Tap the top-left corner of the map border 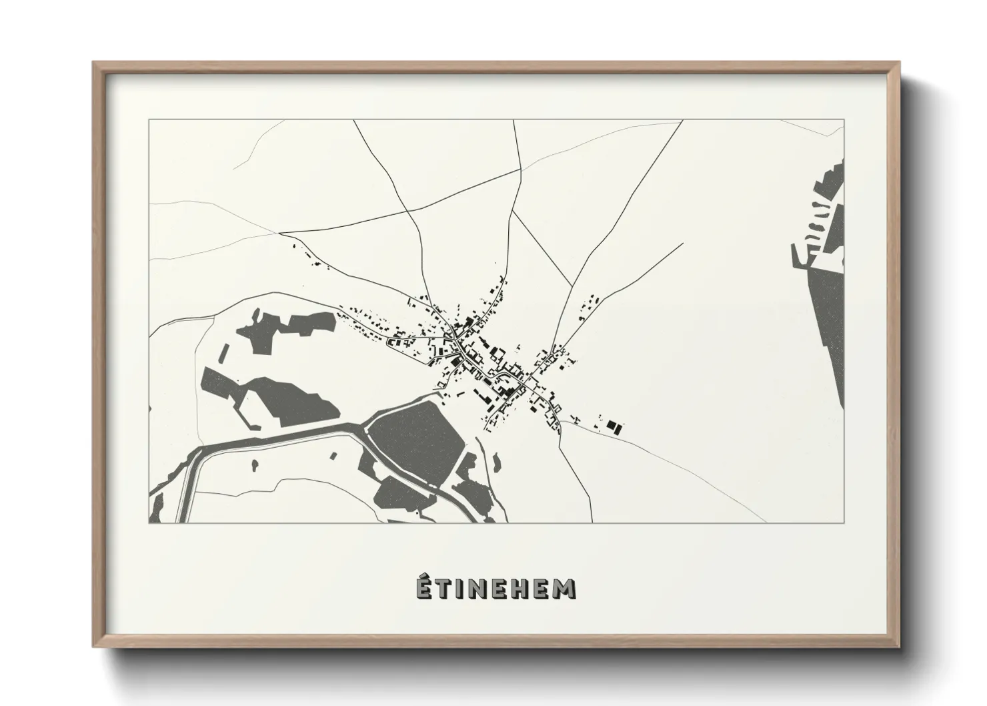click(x=149, y=120)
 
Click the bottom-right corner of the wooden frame click(x=900, y=648)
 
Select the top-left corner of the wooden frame click(x=93, y=63)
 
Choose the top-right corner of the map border click(x=844, y=120)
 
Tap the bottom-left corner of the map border click(x=149, y=523)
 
